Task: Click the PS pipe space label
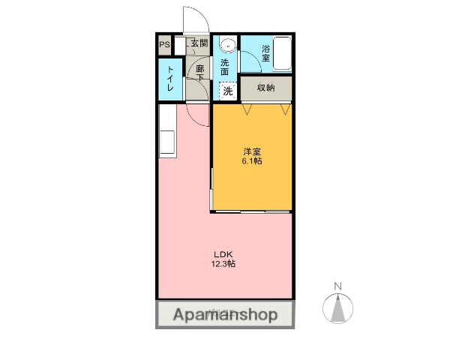click(x=164, y=44)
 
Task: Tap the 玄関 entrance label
click(x=199, y=43)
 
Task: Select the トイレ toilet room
click(x=171, y=79)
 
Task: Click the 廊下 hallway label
click(x=200, y=74)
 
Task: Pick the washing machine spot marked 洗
click(x=227, y=91)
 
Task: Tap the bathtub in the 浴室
click(x=282, y=52)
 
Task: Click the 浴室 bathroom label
click(x=266, y=54)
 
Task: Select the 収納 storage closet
click(x=266, y=88)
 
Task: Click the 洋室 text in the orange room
click(x=251, y=150)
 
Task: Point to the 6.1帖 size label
click(x=251, y=160)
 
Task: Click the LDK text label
click(x=224, y=253)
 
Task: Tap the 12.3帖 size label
click(x=224, y=264)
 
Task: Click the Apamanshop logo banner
click(x=225, y=314)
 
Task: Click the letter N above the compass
click(x=337, y=286)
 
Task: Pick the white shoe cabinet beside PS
click(x=180, y=44)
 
